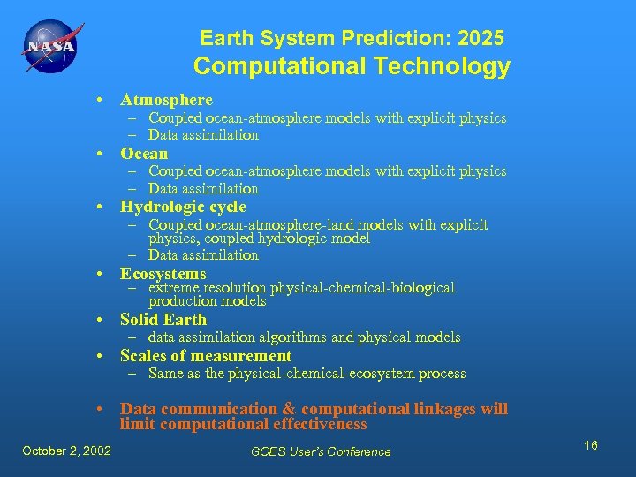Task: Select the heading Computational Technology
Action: pyautogui.click(x=352, y=67)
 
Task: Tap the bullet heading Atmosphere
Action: pyautogui.click(x=166, y=100)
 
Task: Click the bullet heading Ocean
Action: pyautogui.click(x=144, y=154)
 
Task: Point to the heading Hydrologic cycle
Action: pyautogui.click(x=183, y=208)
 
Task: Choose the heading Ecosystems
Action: pyautogui.click(x=163, y=274)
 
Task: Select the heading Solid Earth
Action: pyautogui.click(x=163, y=320)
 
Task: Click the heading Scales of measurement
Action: pyautogui.click(x=206, y=356)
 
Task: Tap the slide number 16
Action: pyautogui.click(x=590, y=445)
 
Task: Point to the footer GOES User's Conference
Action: pyautogui.click(x=321, y=451)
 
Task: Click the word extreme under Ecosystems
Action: pyautogui.click(x=173, y=287)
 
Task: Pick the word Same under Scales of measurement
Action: pyautogui.click(x=166, y=374)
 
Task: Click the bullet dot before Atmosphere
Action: pyautogui.click(x=103, y=101)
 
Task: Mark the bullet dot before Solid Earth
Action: pyautogui.click(x=103, y=321)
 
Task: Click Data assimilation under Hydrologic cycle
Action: pyautogui.click(x=203, y=255)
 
